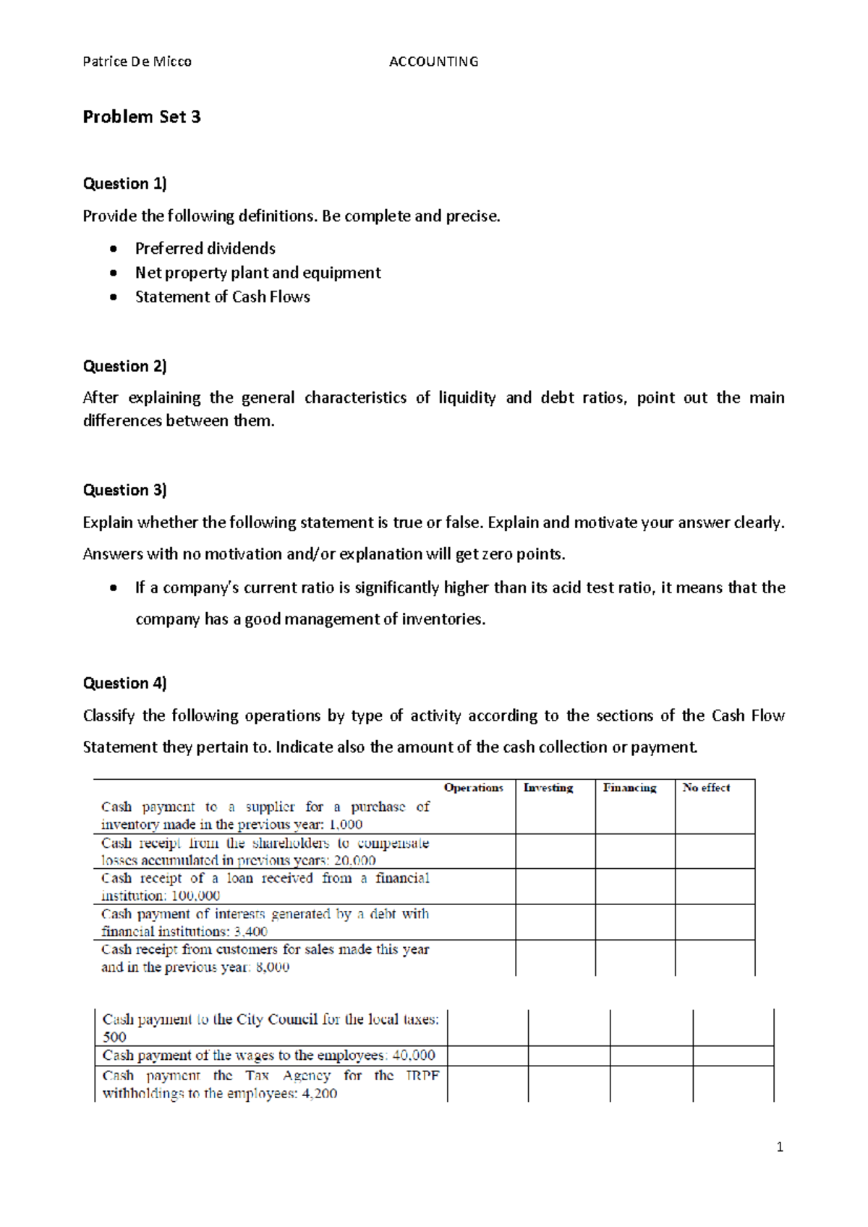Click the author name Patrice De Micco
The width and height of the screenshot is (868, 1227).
coord(137,61)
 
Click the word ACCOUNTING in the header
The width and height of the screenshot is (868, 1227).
coord(433,61)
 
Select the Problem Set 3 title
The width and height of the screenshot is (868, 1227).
coord(142,116)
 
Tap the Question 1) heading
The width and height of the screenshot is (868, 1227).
coord(124,183)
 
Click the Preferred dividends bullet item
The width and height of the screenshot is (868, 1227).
coord(205,248)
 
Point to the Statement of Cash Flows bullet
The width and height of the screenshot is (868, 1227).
coord(222,297)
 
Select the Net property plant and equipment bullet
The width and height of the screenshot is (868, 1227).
coord(258,273)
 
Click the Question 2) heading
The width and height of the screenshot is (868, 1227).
coord(124,366)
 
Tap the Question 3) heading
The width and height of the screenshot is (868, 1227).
coord(124,490)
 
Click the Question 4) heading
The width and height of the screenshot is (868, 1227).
coord(124,683)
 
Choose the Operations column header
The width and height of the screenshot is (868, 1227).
coord(473,788)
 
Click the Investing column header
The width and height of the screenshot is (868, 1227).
coord(548,788)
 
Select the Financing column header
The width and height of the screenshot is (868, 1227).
coord(630,788)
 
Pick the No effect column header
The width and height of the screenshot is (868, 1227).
coord(706,788)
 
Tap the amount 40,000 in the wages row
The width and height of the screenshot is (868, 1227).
coord(413,1056)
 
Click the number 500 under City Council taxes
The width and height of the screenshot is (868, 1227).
coord(114,1037)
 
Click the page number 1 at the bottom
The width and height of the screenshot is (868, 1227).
coord(779,1147)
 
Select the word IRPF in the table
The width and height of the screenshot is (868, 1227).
coord(422,1076)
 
